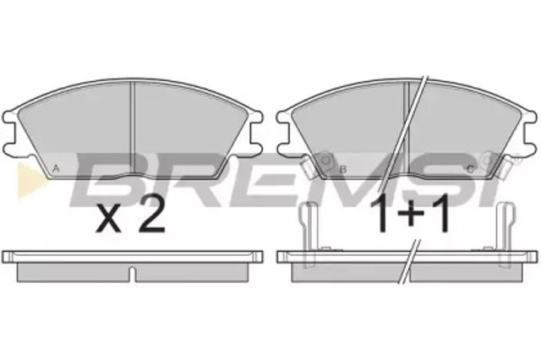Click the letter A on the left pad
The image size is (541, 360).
coord(57,169)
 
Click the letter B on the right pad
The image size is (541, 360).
coord(343,169)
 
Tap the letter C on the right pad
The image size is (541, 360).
coord(470,169)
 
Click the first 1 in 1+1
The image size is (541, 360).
coord(381,213)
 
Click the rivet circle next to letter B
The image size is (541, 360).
coord(325,161)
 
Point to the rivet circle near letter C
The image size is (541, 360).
coord(487,161)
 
